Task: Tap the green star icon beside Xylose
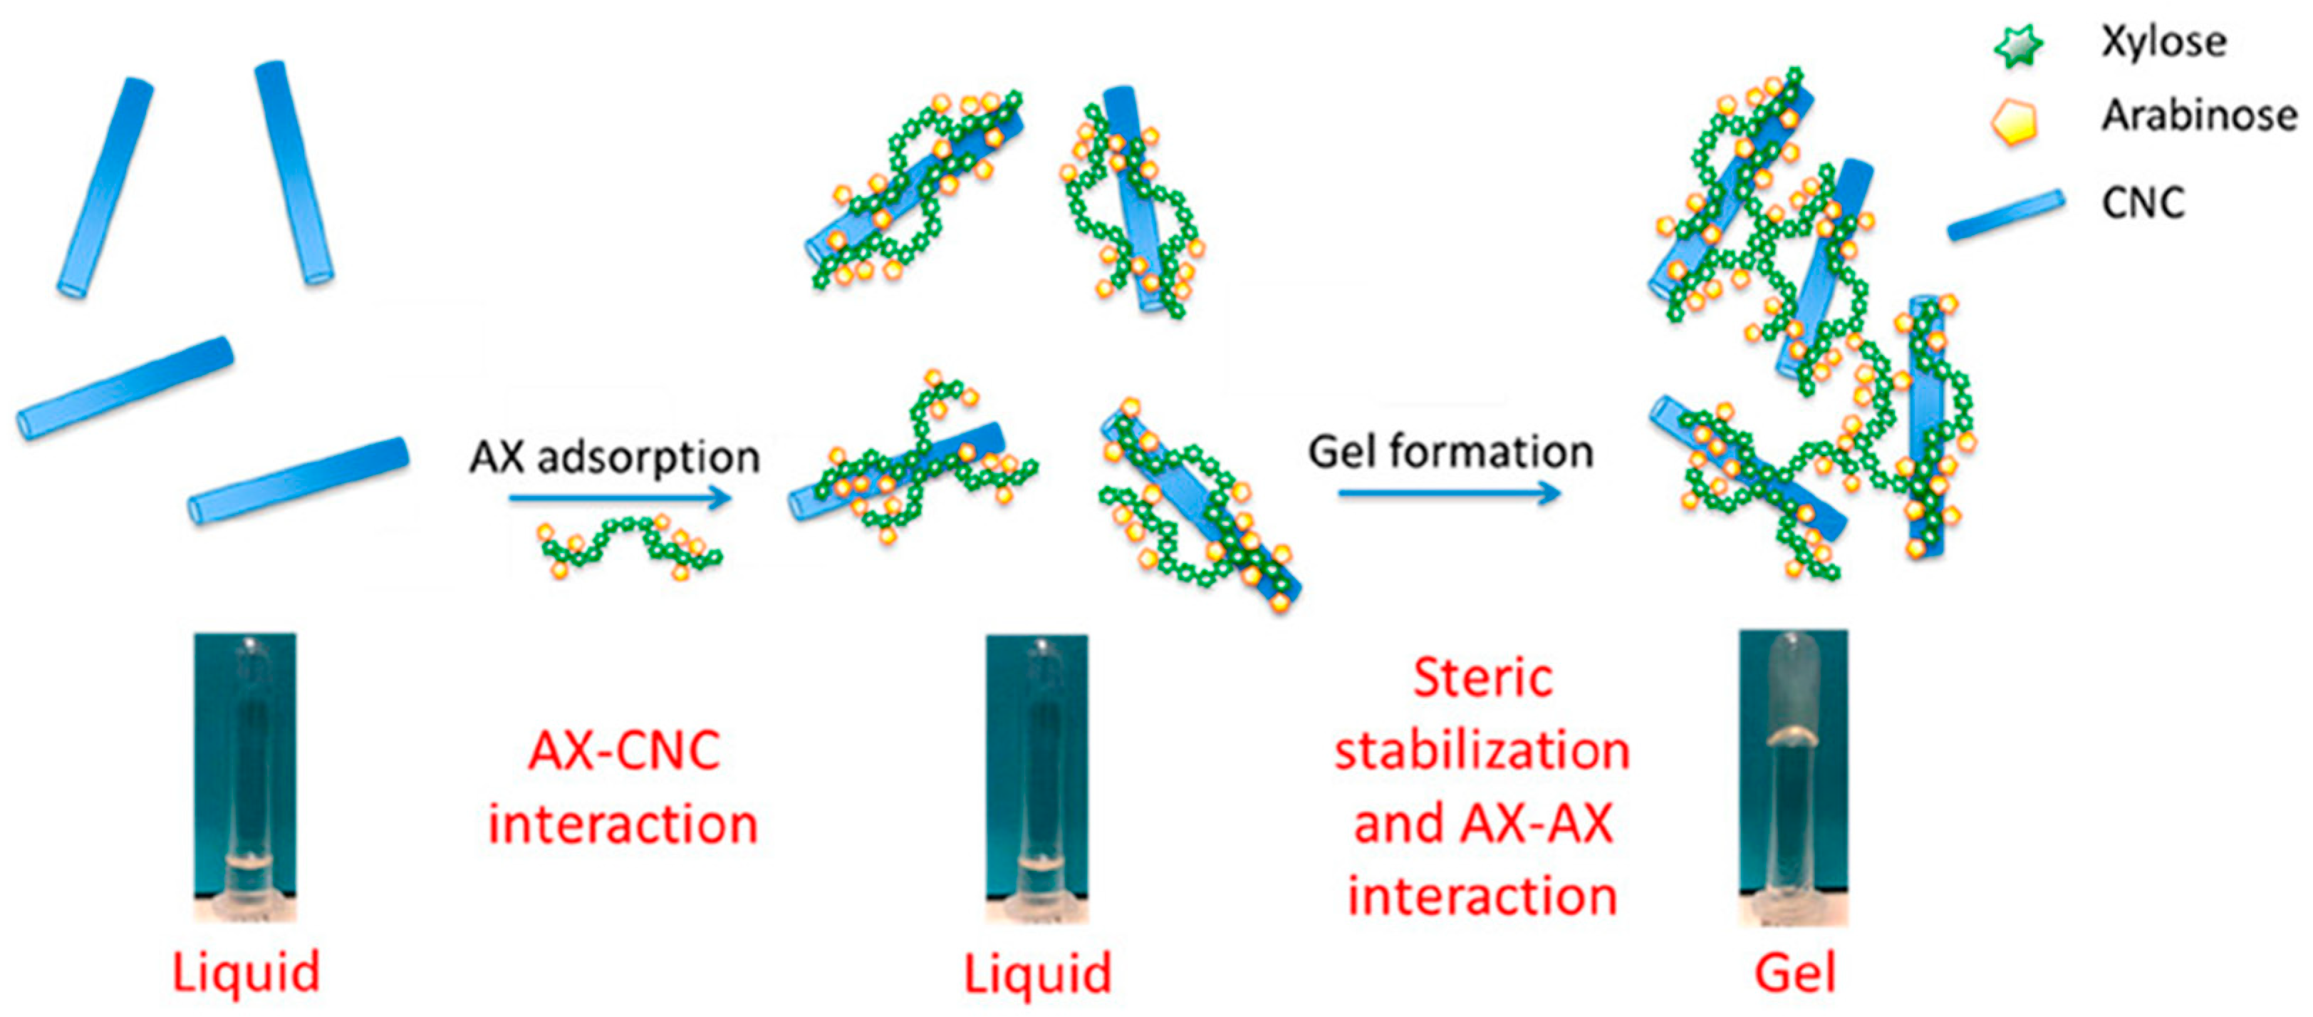click(x=2017, y=45)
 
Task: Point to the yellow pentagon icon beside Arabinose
click(x=2014, y=121)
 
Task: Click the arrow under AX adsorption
click(x=620, y=497)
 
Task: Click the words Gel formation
click(x=1450, y=452)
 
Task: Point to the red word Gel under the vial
click(x=1795, y=973)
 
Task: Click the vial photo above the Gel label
click(x=1793, y=776)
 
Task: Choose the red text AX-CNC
click(x=624, y=751)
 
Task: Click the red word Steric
click(x=1482, y=678)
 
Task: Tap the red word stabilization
click(x=1482, y=751)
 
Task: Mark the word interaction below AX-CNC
click(x=623, y=825)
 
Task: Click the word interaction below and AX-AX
click(x=1482, y=897)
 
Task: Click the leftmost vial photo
click(x=245, y=776)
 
